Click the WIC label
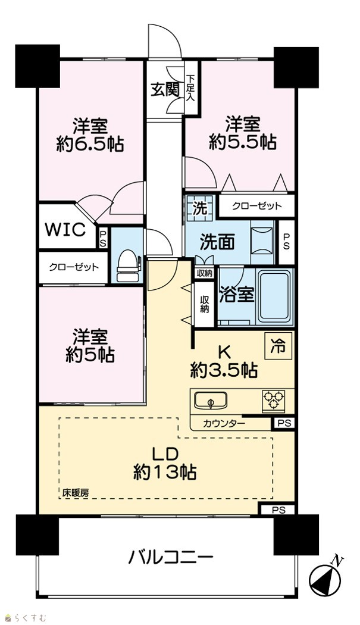click(x=65, y=229)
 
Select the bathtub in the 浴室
click(x=276, y=296)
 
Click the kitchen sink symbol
click(x=211, y=401)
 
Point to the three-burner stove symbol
click(x=274, y=400)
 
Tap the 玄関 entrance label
click(x=164, y=91)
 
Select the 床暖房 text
click(x=75, y=493)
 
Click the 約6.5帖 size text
click(x=90, y=144)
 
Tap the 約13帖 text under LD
click(x=164, y=473)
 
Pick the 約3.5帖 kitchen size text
click(x=223, y=371)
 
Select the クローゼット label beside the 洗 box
click(x=256, y=206)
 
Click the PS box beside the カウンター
click(x=283, y=423)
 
